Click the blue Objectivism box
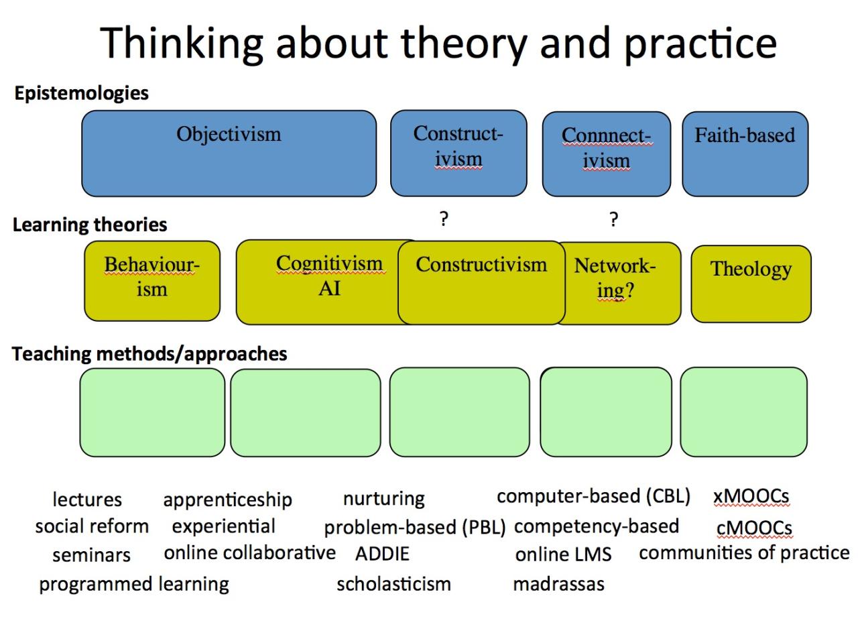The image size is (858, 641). (229, 154)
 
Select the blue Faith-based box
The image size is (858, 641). (745, 154)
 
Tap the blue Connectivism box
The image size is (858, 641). (606, 154)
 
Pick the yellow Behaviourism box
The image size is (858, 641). (152, 281)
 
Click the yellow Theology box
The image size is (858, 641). (751, 284)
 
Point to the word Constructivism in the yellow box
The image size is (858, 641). (481, 265)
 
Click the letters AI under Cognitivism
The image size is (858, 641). (329, 289)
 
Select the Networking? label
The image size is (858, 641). (615, 278)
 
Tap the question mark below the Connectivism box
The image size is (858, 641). (613, 219)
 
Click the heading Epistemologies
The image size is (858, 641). (81, 93)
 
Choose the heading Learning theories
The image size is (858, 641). (90, 225)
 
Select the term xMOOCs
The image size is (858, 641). (751, 497)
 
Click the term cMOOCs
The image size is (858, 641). (754, 528)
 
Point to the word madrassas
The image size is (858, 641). (558, 584)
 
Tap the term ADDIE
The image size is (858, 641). (382, 555)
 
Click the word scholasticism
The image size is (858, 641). (393, 584)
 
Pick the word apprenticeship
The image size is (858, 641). (227, 500)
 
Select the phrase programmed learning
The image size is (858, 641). (133, 584)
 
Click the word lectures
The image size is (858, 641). (87, 500)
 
